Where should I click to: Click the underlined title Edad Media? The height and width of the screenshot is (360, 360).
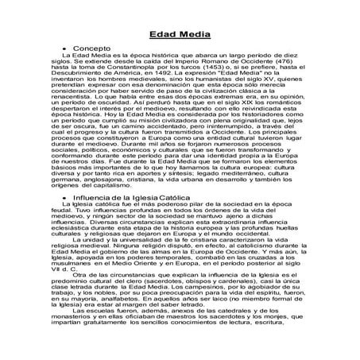pos(179,34)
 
